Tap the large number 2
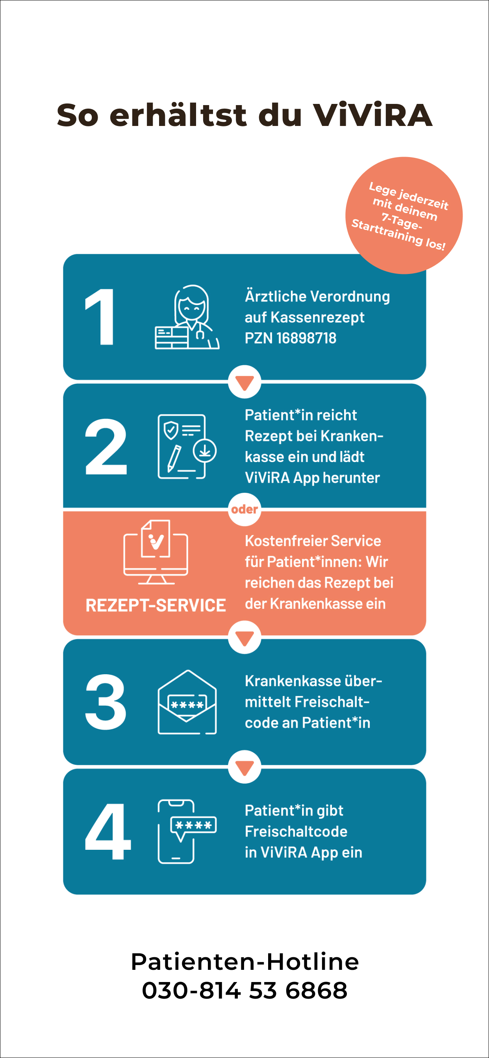(106, 446)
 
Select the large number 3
(106, 702)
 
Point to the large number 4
(107, 831)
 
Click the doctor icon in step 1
(187, 317)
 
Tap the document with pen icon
(187, 446)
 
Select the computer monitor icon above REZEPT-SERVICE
(156, 551)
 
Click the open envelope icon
(187, 702)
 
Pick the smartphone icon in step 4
(187, 831)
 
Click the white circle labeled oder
(245, 509)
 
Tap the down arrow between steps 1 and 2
(245, 382)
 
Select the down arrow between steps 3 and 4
(245, 767)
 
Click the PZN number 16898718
(306, 338)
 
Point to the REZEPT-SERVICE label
(156, 605)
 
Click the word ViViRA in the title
(373, 115)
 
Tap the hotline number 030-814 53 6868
(245, 990)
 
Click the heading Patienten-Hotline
(245, 962)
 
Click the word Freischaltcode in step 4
(296, 831)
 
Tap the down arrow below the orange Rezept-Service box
(245, 637)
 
